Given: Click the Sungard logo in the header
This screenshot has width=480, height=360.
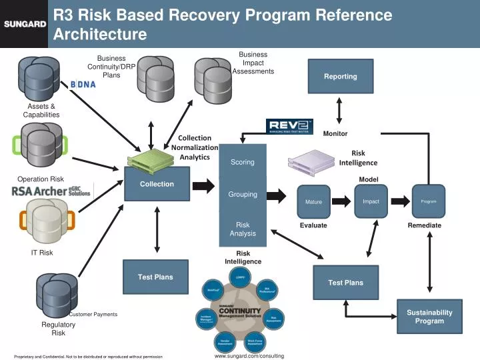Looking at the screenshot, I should coord(25,24).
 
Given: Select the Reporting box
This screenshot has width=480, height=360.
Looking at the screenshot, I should coord(340,76).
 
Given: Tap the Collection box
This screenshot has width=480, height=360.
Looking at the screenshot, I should coord(157,184).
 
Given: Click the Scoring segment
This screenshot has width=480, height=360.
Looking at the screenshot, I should coord(243,162).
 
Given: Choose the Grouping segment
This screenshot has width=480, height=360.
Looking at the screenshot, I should coord(243,195).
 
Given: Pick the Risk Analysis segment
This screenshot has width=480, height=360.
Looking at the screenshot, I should coord(243,229).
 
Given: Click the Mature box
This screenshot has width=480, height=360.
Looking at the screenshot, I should coord(313,201).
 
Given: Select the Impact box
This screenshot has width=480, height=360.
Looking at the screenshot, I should coord(371,201).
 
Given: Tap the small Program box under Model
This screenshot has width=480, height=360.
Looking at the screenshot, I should coord(428,201).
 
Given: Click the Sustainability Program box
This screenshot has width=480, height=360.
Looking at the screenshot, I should coord(429,317).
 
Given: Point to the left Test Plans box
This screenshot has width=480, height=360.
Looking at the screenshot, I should coord(155,277).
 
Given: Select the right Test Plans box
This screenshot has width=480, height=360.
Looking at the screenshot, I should coord(345,282).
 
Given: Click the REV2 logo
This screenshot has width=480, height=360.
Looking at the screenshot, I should coord(289,127).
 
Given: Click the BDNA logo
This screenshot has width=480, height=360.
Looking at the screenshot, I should coord(83,84).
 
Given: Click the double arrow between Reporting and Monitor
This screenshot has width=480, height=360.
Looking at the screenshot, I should coord(340,109).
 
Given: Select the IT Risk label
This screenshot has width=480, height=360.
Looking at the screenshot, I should coord(42,253).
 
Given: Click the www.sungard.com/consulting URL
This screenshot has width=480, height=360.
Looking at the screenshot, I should coord(249,356).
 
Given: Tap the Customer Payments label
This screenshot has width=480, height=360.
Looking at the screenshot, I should coord(93,314).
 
